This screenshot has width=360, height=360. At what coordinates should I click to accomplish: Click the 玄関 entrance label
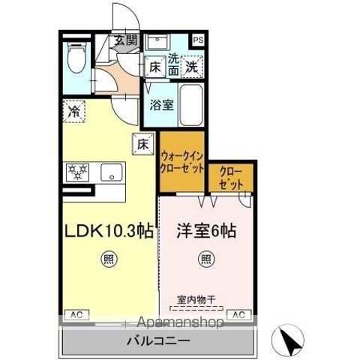[x=125, y=41]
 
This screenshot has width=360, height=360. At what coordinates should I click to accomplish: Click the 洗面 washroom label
[x=172, y=63]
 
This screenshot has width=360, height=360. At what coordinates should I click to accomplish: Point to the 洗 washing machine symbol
[x=192, y=66]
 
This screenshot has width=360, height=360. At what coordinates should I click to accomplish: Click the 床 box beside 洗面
[x=154, y=67]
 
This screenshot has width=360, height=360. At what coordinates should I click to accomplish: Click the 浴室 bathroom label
[x=161, y=105]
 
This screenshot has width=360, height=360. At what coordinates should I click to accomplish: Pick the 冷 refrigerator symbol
[x=74, y=110]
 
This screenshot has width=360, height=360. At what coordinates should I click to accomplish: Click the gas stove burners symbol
[x=78, y=172]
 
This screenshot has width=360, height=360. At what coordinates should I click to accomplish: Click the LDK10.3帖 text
[x=108, y=232]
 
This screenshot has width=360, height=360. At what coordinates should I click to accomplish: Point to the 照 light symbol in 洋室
[x=205, y=261]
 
